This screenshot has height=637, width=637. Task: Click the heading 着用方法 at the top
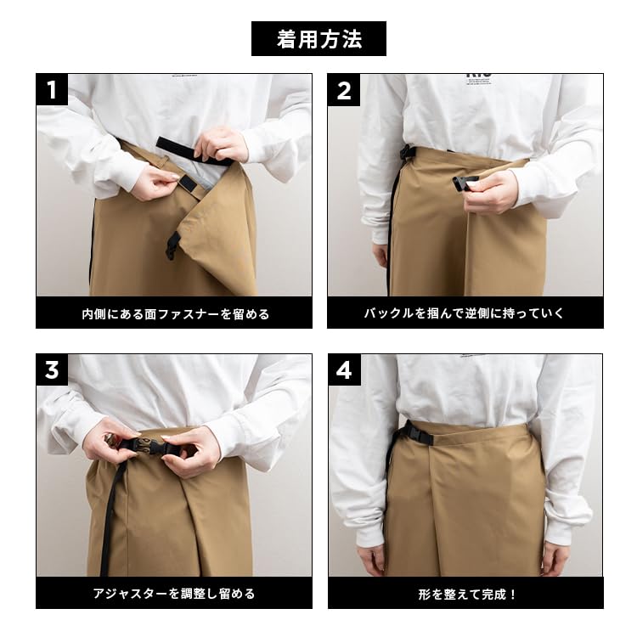[x=318, y=39]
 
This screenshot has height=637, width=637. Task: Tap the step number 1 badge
[x=52, y=90]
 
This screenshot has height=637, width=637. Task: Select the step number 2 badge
[x=344, y=90]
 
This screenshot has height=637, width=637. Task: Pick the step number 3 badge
[x=52, y=370]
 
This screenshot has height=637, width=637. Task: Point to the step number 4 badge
[x=344, y=370]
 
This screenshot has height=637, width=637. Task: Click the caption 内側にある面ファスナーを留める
[x=174, y=313]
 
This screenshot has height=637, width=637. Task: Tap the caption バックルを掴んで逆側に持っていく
[x=465, y=313]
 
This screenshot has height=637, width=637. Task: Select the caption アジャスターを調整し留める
[x=174, y=594]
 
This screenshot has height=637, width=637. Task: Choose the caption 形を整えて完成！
[x=465, y=594]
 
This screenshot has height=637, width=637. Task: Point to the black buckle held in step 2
[x=464, y=182]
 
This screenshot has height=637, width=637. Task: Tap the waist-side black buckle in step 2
[x=409, y=153]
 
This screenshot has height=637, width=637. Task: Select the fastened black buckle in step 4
[x=415, y=432]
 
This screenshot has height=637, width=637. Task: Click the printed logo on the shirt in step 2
[x=479, y=76]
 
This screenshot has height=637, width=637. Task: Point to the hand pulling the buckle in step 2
[x=493, y=190]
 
